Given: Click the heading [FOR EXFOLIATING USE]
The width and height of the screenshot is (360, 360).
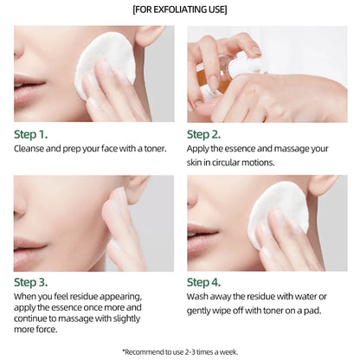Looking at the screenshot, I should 180,10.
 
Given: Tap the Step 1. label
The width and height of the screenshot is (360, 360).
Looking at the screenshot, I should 36,134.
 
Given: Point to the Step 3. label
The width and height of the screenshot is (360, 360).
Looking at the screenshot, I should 36,281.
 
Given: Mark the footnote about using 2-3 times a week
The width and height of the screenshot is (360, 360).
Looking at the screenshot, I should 180,350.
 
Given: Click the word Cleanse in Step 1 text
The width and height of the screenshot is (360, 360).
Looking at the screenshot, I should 32,149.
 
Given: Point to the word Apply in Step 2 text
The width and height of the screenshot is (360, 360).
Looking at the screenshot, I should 201,149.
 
